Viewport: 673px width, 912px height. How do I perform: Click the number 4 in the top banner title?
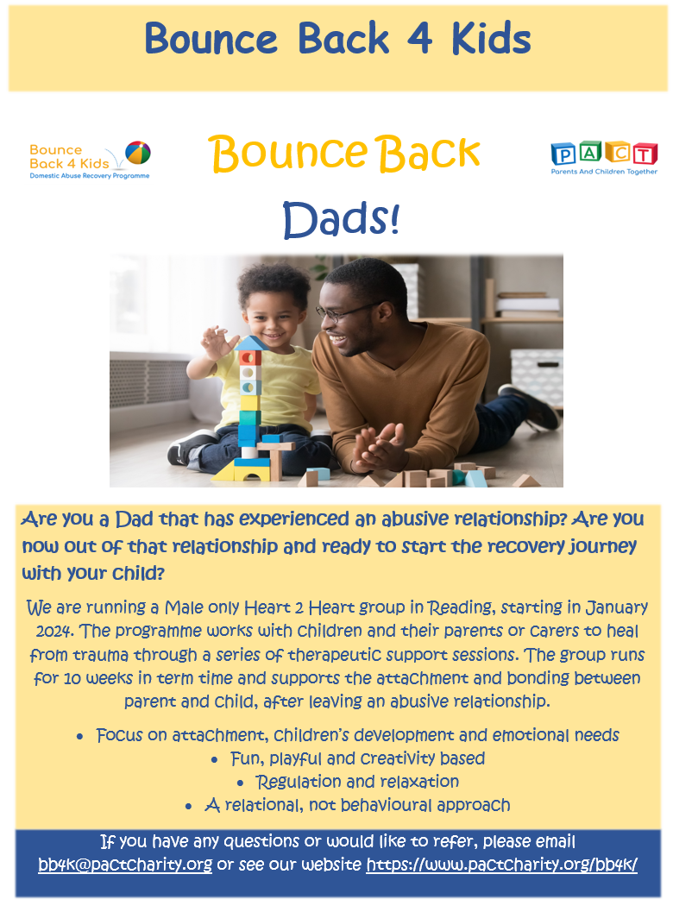419,38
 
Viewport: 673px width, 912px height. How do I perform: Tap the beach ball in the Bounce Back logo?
138,153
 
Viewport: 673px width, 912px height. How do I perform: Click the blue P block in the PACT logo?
563,154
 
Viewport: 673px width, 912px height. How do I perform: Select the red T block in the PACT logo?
645,154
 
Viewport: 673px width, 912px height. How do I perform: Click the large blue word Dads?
342,219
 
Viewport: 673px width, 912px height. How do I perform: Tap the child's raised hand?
217,343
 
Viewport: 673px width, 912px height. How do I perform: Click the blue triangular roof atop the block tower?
251,343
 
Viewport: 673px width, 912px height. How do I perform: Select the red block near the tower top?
251,357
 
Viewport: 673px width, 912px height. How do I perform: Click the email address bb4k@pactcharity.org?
125,865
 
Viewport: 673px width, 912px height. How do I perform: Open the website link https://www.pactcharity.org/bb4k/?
501,865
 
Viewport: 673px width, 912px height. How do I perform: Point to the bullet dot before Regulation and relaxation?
240,783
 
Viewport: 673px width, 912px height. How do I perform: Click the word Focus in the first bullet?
119,735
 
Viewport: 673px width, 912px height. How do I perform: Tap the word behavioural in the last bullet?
387,805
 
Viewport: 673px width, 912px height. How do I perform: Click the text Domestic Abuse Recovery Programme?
90,176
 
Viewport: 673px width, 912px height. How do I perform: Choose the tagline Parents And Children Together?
604,172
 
